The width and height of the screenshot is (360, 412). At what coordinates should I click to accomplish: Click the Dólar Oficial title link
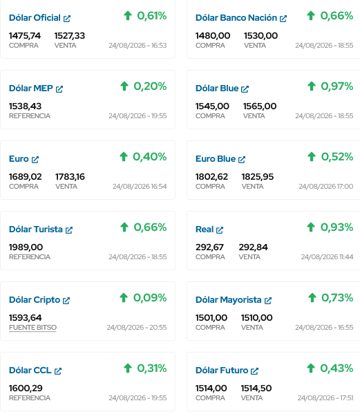tap(35, 18)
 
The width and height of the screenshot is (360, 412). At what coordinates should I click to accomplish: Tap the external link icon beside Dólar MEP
tap(59, 89)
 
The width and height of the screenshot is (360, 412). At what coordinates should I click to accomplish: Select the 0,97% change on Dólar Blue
tap(337, 86)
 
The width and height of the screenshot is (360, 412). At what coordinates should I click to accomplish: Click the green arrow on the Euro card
tap(124, 157)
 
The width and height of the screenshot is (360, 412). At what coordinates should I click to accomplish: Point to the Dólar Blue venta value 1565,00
tap(260, 106)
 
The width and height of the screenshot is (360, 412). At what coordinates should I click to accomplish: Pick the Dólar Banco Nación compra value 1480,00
tap(213, 36)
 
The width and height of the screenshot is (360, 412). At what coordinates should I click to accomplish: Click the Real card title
tap(205, 230)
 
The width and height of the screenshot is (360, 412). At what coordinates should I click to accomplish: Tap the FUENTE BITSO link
tap(33, 328)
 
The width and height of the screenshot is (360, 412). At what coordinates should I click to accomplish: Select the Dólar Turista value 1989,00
tap(26, 247)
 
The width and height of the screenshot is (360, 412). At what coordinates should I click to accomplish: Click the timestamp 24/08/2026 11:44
tap(327, 256)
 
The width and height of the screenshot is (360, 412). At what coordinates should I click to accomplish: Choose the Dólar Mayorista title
tap(229, 300)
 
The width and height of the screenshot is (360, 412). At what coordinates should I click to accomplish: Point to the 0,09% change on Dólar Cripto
tap(150, 298)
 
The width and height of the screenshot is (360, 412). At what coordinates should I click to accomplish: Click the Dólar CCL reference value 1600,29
tap(26, 388)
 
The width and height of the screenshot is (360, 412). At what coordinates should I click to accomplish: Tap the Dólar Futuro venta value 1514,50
tap(256, 388)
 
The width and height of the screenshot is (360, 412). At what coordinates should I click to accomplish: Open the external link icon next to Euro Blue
tap(242, 160)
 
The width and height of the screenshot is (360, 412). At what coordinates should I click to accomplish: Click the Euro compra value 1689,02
tap(25, 177)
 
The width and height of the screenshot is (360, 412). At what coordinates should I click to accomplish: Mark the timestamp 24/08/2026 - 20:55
tap(137, 328)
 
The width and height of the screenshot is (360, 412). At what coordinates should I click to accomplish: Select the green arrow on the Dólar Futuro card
tap(311, 368)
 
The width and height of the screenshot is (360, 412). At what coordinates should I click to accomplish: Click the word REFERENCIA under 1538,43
tap(30, 116)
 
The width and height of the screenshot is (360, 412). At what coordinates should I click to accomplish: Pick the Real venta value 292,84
tap(253, 247)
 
